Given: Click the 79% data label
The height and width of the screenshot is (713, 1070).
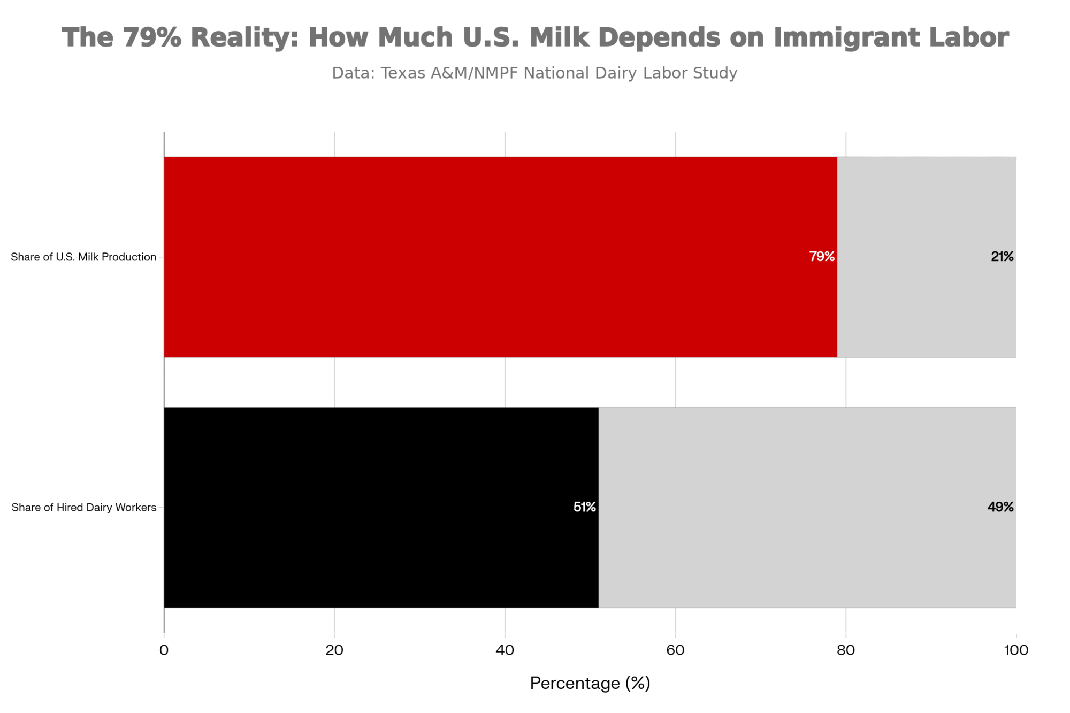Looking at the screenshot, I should pyautogui.click(x=822, y=257).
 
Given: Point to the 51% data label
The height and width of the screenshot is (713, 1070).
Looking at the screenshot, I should pyautogui.click(x=584, y=507).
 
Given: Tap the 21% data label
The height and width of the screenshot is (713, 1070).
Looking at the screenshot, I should pyautogui.click(x=1002, y=257).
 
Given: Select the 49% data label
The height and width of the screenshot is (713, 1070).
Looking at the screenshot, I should pyautogui.click(x=1000, y=507).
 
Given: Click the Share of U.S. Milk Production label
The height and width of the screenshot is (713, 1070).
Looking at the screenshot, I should pyautogui.click(x=83, y=257).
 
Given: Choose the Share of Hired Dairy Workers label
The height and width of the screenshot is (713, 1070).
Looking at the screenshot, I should pyautogui.click(x=84, y=508).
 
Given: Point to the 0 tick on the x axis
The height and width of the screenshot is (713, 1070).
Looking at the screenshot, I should pyautogui.click(x=164, y=650).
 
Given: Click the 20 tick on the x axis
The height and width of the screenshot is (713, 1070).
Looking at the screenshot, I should pyautogui.click(x=334, y=650).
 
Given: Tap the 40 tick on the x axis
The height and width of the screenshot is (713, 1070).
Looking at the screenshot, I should pyautogui.click(x=505, y=650).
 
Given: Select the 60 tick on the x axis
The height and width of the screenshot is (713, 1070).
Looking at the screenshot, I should pyautogui.click(x=675, y=650).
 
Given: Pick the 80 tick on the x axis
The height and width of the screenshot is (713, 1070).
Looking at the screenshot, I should pyautogui.click(x=846, y=650).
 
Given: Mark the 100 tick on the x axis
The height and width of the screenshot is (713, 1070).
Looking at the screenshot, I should pyautogui.click(x=1016, y=650).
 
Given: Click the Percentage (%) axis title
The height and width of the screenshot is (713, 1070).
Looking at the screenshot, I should pyautogui.click(x=590, y=684).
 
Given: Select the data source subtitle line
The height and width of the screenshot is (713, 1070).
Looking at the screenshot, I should pyautogui.click(x=534, y=73).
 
